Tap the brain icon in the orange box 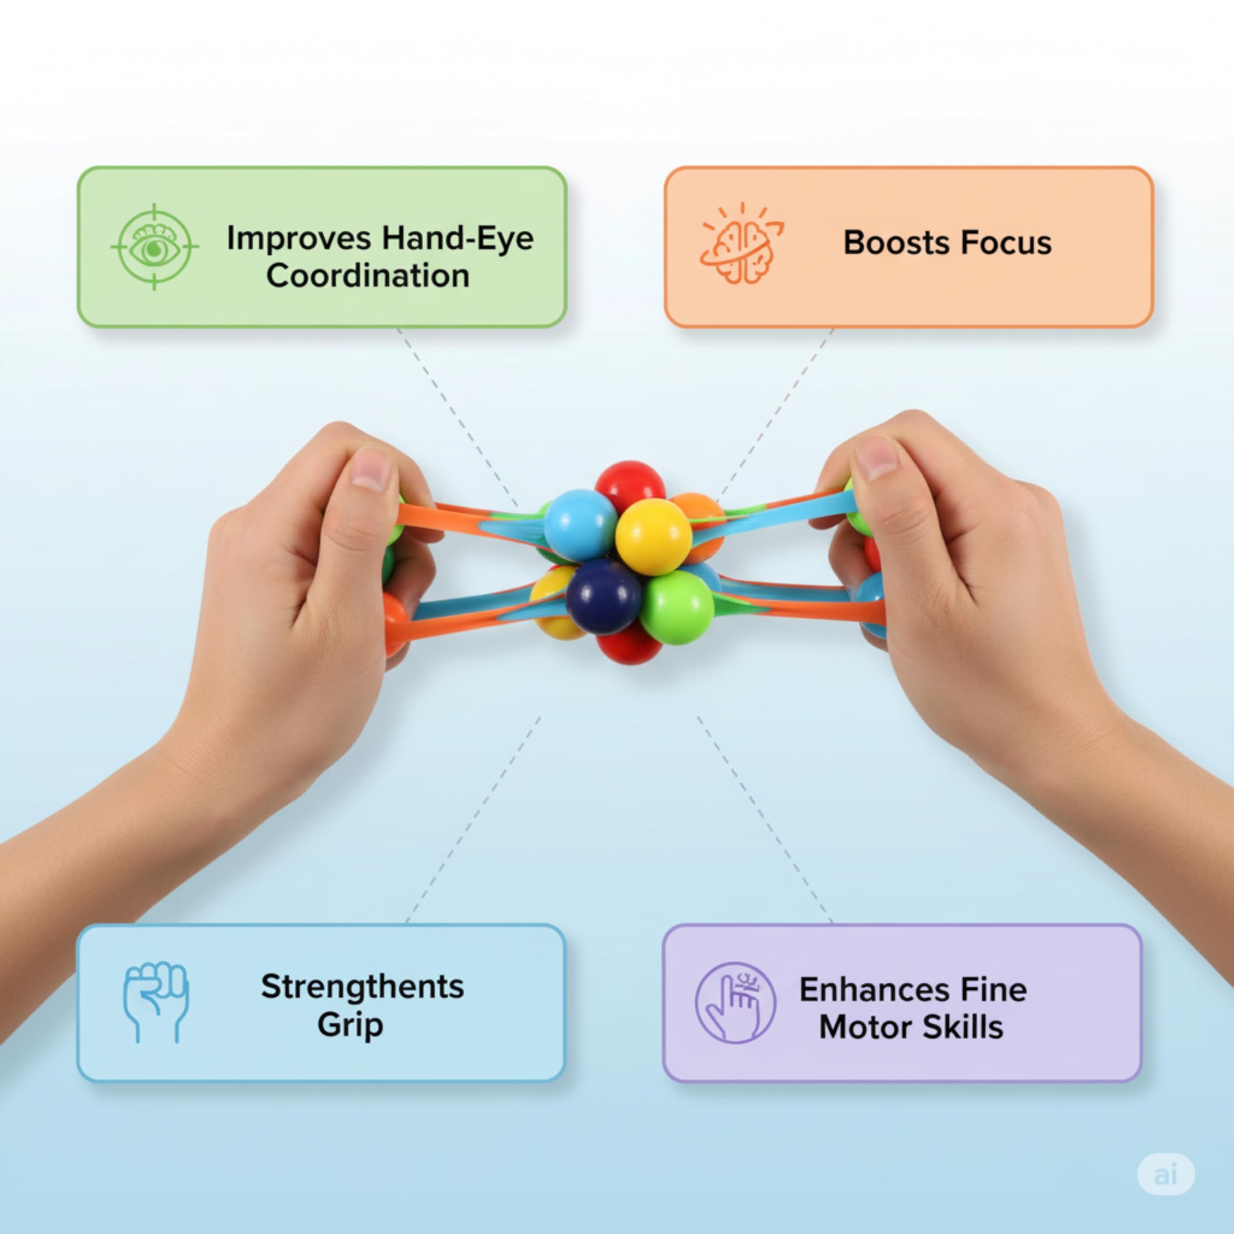pos(741,243)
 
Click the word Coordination pos(368,276)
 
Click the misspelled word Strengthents pos(362,987)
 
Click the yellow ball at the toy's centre pos(653,536)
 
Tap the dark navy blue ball pos(604,595)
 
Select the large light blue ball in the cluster pos(580,525)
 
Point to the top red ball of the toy pos(630,487)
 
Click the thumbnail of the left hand pos(371,470)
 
